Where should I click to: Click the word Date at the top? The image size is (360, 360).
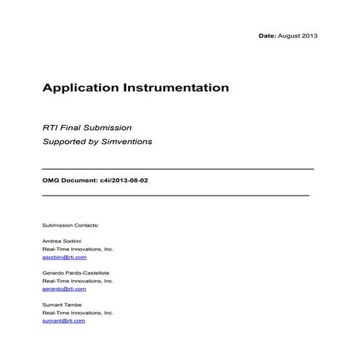point(267,36)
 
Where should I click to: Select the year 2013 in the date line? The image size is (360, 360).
point(309,36)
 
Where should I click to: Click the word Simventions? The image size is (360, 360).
point(127,141)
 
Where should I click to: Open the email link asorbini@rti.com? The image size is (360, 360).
point(65,257)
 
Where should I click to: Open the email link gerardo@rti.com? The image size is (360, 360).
point(64,289)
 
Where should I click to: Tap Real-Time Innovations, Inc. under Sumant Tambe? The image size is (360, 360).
point(79,313)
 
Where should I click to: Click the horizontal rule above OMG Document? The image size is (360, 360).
point(178,169)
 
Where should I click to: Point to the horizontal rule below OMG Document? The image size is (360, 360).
point(176,196)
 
